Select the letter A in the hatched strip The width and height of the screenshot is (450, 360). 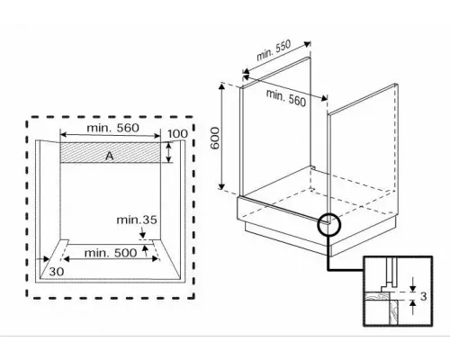click(109, 155)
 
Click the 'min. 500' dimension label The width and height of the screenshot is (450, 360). click(111, 253)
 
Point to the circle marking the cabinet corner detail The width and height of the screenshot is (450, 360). click(329, 223)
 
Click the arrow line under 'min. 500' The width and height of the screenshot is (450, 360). click(111, 262)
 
